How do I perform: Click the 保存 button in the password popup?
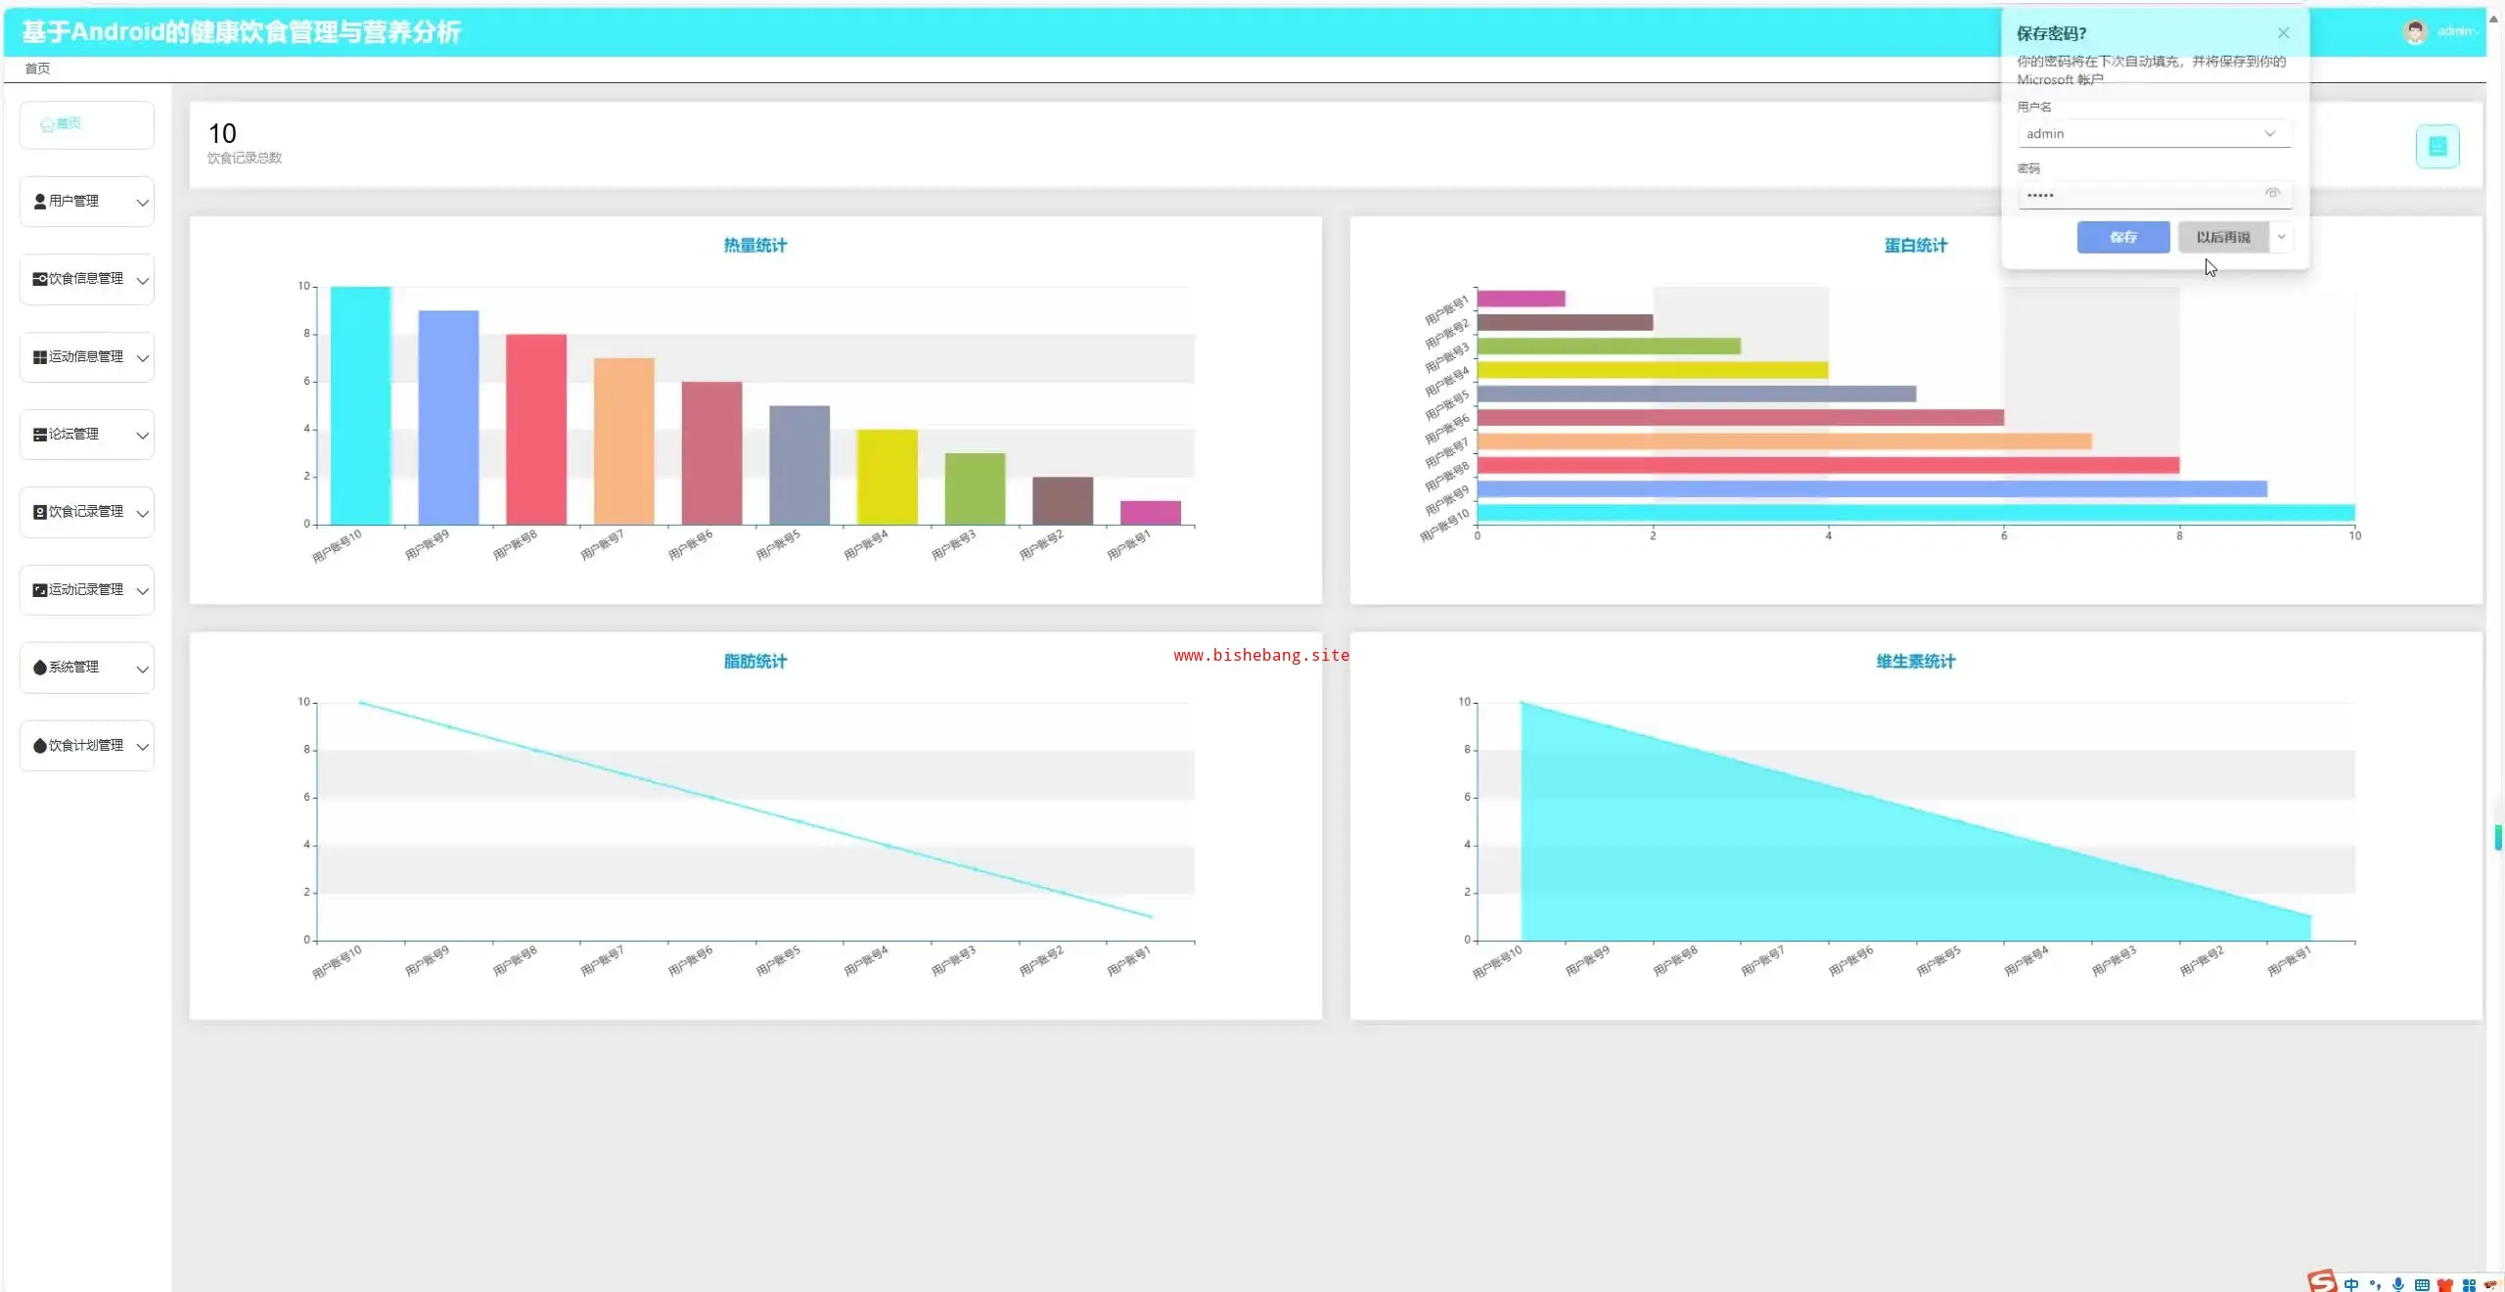coord(2122,237)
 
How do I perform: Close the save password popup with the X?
coord(2283,33)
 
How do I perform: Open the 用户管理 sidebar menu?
coord(86,202)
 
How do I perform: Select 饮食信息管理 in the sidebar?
coord(86,279)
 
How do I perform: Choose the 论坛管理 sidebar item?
coord(86,435)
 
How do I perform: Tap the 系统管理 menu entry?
coord(86,668)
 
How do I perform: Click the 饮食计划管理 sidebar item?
coord(86,746)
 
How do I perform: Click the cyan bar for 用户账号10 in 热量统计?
coord(360,405)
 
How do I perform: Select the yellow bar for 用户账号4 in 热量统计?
coord(887,477)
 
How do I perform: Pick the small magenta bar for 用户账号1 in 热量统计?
coord(1150,512)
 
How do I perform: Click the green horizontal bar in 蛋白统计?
coord(1608,346)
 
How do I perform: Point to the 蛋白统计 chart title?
coord(1915,246)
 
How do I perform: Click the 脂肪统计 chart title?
coord(754,662)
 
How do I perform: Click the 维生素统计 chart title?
coord(1915,662)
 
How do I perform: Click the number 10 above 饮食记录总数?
coord(222,134)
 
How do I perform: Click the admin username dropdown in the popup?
coord(2153,134)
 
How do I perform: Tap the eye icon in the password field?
coord(2272,194)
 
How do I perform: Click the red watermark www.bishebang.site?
coord(1260,656)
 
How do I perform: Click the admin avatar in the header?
coord(2415,32)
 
